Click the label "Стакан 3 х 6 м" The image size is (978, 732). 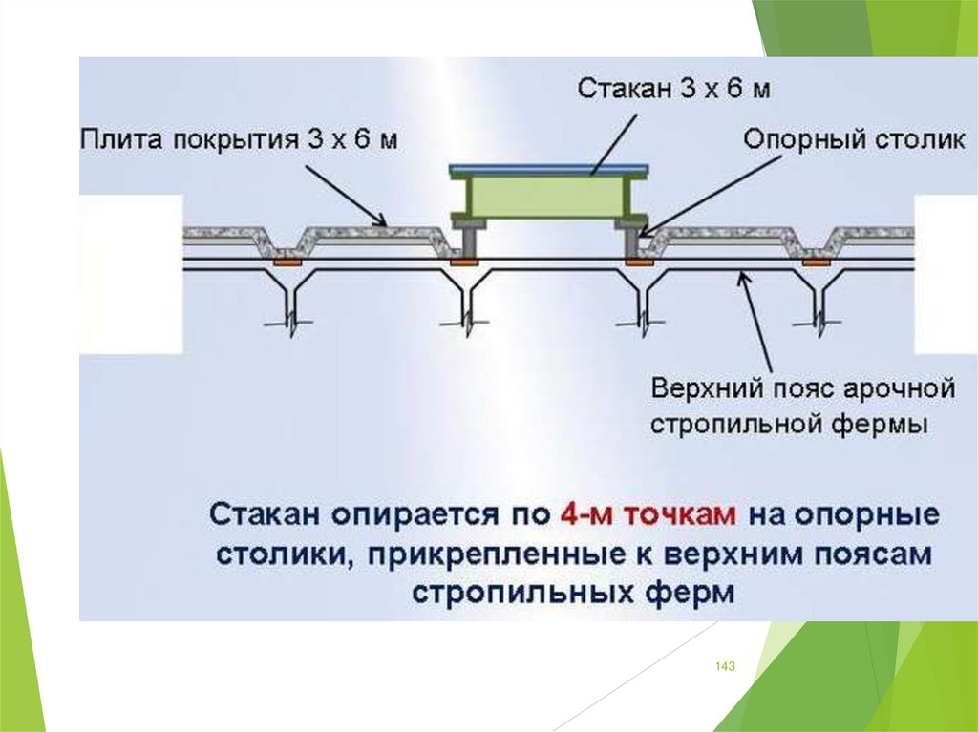click(674, 89)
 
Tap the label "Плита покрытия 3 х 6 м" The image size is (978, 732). click(238, 140)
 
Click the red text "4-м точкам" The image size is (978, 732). click(647, 514)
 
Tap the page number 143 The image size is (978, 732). click(725, 667)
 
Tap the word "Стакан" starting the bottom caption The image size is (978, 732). click(266, 514)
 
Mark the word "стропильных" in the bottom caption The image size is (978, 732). click(516, 592)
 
